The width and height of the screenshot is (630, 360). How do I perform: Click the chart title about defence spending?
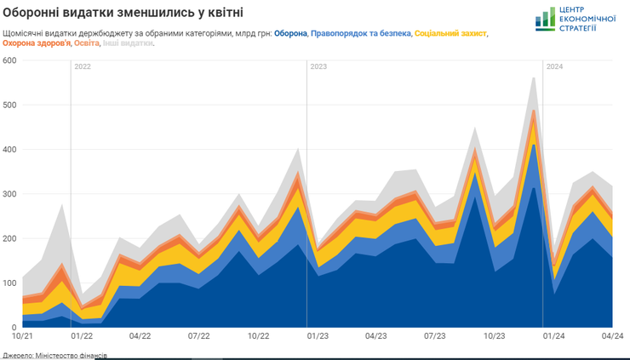123,12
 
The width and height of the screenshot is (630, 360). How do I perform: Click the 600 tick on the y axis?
10,60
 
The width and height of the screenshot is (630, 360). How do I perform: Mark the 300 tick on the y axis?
10,194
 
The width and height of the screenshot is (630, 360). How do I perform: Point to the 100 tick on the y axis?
10,283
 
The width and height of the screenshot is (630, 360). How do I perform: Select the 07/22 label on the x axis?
198,336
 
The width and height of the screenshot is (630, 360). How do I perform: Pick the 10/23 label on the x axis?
494,336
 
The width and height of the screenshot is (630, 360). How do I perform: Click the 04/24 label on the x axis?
613,336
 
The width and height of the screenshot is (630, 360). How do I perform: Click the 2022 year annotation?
83,66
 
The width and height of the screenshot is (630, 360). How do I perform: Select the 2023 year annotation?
319,66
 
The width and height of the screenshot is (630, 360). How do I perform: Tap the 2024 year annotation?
554,66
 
